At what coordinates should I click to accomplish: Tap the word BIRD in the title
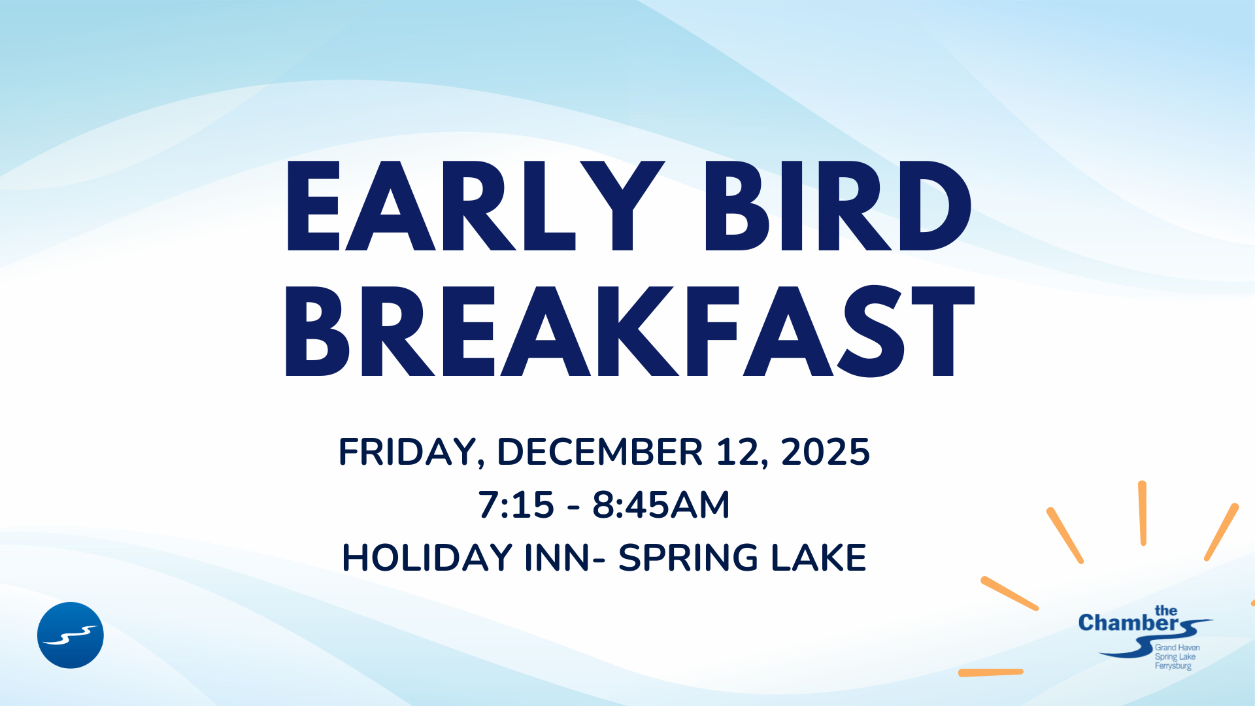[839, 206]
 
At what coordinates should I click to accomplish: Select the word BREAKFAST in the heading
[630, 331]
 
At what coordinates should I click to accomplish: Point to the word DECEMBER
[600, 452]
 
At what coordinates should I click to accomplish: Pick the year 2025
[826, 452]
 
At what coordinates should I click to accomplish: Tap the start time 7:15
[516, 505]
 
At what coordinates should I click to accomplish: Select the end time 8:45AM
[661, 505]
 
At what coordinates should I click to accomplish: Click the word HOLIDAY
[427, 558]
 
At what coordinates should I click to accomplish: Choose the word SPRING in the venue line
[688, 558]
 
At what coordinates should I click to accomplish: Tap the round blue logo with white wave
[71, 635]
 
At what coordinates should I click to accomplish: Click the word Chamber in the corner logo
[1129, 623]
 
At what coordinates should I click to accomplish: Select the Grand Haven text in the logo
[1177, 647]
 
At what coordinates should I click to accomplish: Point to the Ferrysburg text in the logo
[1173, 666]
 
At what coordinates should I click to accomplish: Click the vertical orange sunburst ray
[1143, 513]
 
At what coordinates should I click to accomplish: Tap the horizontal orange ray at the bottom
[991, 672]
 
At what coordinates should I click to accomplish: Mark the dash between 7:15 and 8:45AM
[574, 507]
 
